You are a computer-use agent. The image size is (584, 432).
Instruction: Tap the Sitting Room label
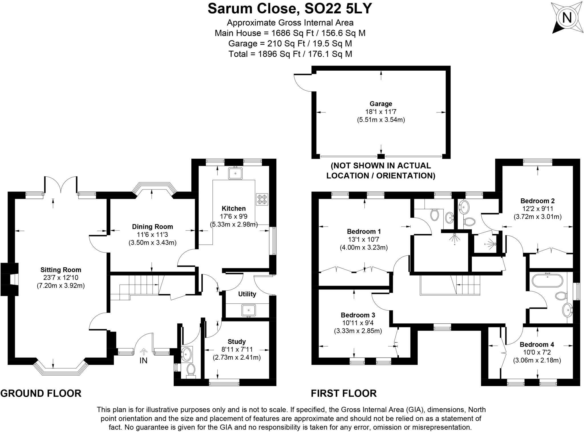(x=60, y=270)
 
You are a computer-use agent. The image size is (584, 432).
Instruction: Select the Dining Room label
(x=152, y=227)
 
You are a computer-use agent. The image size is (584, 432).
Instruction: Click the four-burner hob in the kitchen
(x=262, y=199)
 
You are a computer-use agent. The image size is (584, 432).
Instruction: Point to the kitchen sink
(x=235, y=173)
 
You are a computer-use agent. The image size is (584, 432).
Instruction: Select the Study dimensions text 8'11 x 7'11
(x=237, y=349)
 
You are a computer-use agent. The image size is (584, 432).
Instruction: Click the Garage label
(x=381, y=104)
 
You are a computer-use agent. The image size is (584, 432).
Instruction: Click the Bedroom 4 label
(x=537, y=344)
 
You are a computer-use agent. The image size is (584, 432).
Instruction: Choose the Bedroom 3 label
(x=358, y=315)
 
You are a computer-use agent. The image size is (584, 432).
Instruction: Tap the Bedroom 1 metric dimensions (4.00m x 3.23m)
(x=364, y=247)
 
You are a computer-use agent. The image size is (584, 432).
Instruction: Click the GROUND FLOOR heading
(x=41, y=393)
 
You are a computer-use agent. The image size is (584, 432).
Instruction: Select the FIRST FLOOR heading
(x=344, y=393)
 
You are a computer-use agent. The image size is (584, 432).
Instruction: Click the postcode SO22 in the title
(x=323, y=9)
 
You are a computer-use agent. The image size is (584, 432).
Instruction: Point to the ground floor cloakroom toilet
(x=191, y=370)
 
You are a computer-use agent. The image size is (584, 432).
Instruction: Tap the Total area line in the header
(x=290, y=54)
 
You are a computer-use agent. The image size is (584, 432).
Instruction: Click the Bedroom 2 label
(x=537, y=201)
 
